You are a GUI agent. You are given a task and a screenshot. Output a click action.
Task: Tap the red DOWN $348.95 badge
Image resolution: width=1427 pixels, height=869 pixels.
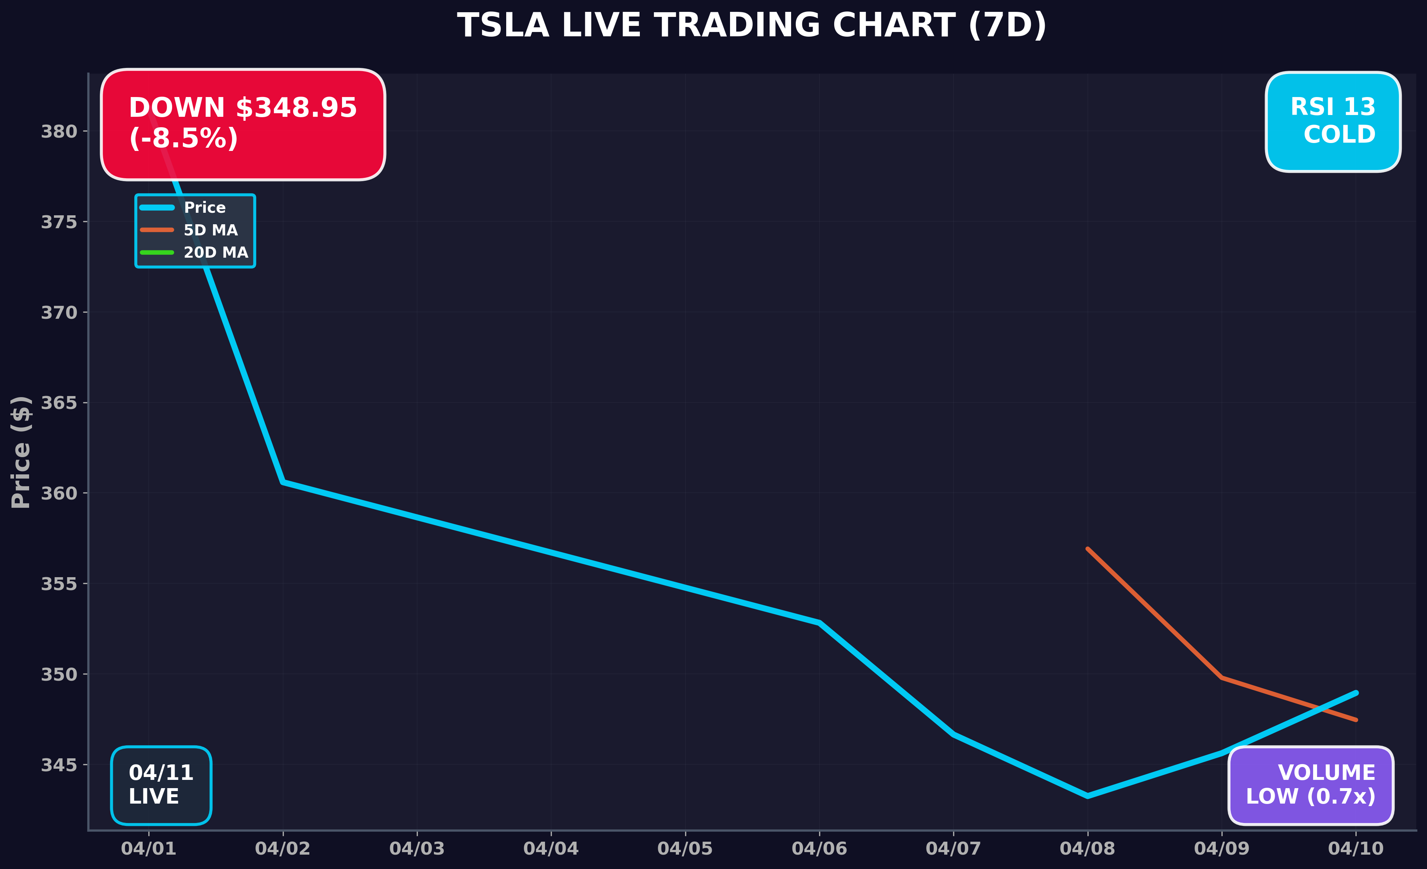243,124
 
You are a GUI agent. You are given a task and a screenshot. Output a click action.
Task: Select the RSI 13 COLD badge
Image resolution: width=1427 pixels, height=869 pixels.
1333,122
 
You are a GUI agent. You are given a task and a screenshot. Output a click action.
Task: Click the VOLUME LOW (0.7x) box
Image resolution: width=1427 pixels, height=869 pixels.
1311,785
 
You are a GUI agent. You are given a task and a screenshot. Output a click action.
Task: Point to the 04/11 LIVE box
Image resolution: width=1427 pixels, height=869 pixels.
161,785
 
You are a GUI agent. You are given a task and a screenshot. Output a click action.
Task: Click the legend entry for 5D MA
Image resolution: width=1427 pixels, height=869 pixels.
210,230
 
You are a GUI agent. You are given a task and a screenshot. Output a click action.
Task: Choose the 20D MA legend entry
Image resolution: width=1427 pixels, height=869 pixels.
216,253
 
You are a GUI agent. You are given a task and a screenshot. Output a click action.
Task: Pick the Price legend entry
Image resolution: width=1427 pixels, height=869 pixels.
204,207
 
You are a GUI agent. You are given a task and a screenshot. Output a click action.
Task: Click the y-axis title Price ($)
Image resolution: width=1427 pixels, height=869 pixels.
21,452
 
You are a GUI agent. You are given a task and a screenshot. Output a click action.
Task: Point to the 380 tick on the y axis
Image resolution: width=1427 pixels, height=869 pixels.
59,132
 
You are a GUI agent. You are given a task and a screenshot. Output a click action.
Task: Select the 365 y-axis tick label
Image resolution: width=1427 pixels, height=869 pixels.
59,403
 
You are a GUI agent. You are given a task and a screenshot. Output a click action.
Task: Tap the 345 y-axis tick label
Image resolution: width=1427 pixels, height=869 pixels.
59,765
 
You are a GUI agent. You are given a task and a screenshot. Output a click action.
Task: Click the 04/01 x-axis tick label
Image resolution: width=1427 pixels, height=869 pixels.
148,849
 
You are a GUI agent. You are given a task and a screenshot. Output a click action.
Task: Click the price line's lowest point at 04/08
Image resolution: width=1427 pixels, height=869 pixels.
1087,796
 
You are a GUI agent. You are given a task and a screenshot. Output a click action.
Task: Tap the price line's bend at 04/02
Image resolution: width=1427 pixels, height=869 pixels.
283,482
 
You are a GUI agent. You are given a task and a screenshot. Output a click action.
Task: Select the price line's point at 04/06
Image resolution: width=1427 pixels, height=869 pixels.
819,623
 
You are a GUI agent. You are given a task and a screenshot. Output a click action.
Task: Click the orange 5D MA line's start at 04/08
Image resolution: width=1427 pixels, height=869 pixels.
1087,549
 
